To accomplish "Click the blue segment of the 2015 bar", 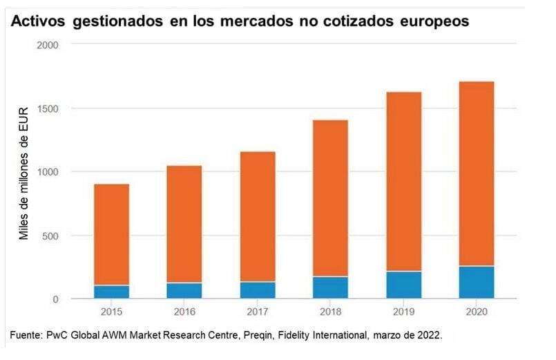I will pyautogui.click(x=111, y=292).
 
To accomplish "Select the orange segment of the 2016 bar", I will pyautogui.click(x=184, y=225).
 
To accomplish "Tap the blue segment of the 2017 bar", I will pyautogui.click(x=258, y=290).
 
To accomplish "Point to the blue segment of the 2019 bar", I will pyautogui.click(x=403, y=285).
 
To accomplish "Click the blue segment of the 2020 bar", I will pyautogui.click(x=477, y=282).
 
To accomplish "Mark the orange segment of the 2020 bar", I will pyautogui.click(x=477, y=173).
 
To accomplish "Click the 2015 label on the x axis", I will pyautogui.click(x=111, y=312).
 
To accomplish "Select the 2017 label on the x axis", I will pyautogui.click(x=258, y=312).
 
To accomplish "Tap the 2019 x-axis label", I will pyautogui.click(x=403, y=312).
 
